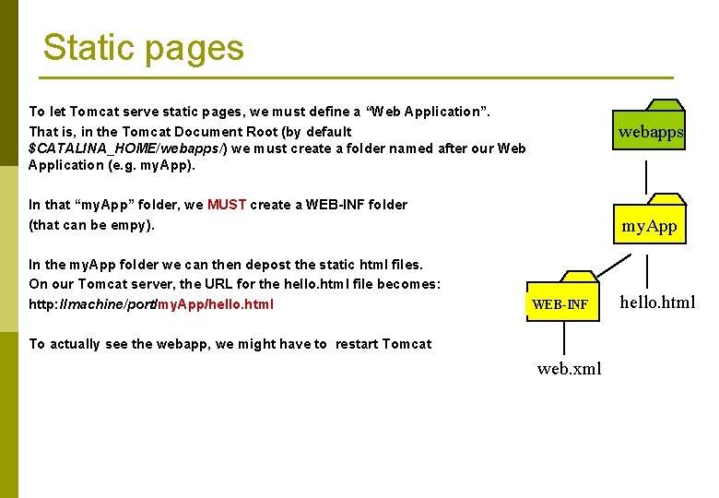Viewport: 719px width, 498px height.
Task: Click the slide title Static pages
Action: (x=143, y=48)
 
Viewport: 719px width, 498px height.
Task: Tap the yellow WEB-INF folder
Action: (x=560, y=299)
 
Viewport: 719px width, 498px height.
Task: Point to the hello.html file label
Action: (x=657, y=302)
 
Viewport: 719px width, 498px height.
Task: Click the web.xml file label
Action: (x=569, y=369)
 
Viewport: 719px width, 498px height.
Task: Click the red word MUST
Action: (x=227, y=205)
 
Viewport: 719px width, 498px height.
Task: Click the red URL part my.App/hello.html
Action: (x=216, y=304)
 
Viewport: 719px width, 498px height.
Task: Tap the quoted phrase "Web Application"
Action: (x=428, y=112)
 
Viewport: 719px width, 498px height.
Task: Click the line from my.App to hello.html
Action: (x=648, y=269)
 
